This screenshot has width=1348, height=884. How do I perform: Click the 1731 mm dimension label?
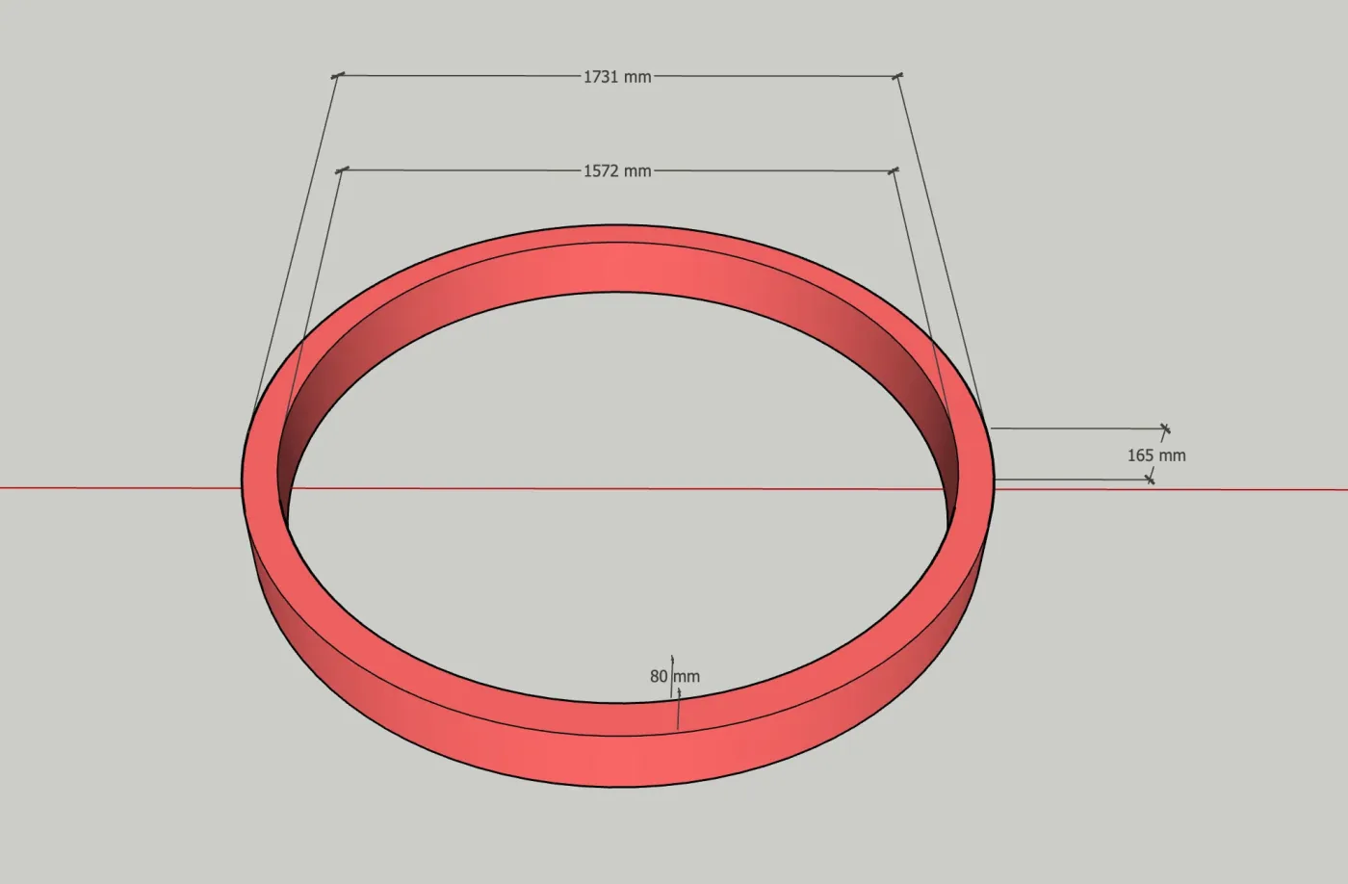point(617,77)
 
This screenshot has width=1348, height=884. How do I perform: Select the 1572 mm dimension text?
point(617,170)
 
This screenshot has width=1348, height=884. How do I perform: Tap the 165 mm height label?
point(1156,455)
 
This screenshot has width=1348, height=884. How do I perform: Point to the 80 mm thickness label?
point(675,676)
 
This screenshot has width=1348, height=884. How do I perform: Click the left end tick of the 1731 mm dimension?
point(338,75)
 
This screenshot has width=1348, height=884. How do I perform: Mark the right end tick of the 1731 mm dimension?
point(897,76)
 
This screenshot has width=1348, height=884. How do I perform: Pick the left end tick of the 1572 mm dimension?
point(342,170)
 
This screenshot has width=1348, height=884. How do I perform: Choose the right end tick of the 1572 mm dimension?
point(894,170)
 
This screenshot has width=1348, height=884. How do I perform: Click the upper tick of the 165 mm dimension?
point(1166,429)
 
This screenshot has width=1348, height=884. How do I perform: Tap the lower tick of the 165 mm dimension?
point(1150,480)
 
